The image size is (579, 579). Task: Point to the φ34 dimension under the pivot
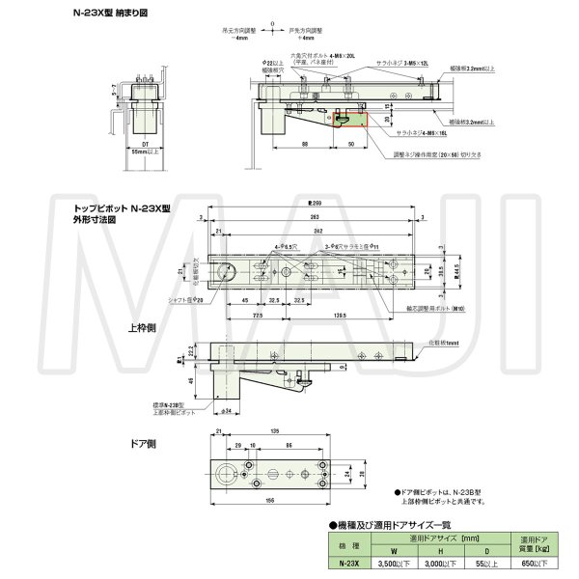(225, 413)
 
